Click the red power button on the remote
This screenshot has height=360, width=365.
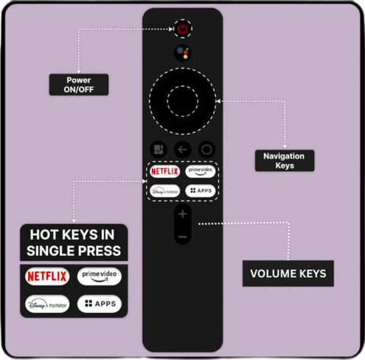pos(182,29)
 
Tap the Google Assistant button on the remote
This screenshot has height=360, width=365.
pos(182,53)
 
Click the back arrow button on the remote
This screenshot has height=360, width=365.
pos(182,150)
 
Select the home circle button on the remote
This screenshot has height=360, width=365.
pos(207,150)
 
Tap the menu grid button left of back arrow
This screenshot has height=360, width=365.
pos(159,150)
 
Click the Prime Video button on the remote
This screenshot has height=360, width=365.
pos(200,172)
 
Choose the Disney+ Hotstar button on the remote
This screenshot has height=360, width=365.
pos(165,191)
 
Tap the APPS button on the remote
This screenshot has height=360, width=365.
pos(200,191)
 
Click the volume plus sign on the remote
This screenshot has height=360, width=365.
pos(182,214)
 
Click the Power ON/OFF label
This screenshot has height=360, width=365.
pos(79,84)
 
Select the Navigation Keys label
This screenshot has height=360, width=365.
pos(284,160)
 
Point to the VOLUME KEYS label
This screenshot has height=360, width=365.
pos(288,273)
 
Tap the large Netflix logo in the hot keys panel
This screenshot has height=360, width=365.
pos(47,276)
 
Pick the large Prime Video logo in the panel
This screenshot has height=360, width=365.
pos(100,276)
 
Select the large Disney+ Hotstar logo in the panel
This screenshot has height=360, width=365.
pos(47,304)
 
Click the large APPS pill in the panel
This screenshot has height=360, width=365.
pos(100,304)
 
